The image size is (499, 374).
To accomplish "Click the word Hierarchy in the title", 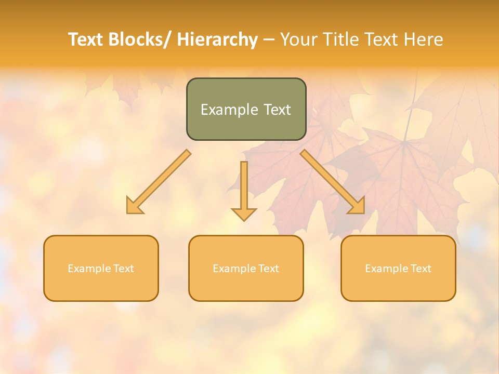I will tap(217, 39).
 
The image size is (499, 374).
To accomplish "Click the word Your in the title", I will tap(298, 39).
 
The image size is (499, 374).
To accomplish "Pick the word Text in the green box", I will tap(276, 110).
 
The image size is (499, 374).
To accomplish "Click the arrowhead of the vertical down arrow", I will tap(244, 213).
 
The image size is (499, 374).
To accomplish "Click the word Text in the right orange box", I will tap(421, 269).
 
